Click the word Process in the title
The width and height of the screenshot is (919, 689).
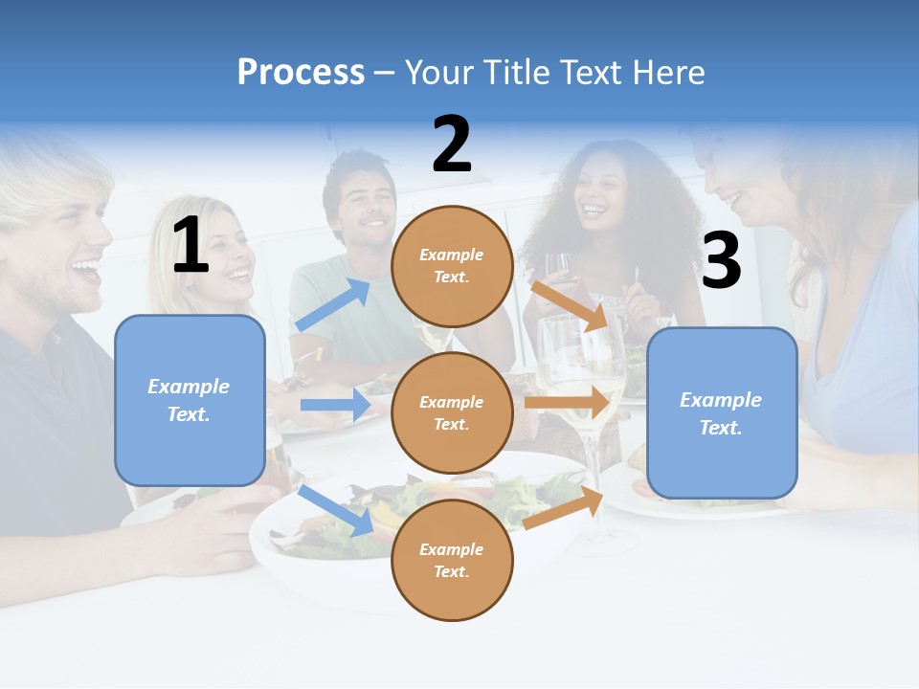[x=301, y=73]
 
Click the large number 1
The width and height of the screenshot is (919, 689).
[x=191, y=245]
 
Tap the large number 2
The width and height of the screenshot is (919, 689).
[x=452, y=144]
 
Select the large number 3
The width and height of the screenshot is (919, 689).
[x=721, y=260]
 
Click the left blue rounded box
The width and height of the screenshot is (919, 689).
[x=190, y=400]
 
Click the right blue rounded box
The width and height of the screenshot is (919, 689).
[x=722, y=412]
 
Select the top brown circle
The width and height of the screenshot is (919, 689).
[x=452, y=266]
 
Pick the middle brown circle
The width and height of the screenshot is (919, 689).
[x=452, y=412]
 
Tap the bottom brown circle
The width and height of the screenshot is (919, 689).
[x=452, y=560]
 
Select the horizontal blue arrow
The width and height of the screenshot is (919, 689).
[x=336, y=405]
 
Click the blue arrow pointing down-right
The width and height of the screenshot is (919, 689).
[x=336, y=510]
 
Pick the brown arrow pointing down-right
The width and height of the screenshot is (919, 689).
[x=570, y=305]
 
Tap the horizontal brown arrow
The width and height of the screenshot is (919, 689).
[x=567, y=403]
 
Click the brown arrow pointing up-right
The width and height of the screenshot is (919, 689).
[x=564, y=508]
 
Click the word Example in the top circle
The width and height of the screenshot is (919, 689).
[x=452, y=255]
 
